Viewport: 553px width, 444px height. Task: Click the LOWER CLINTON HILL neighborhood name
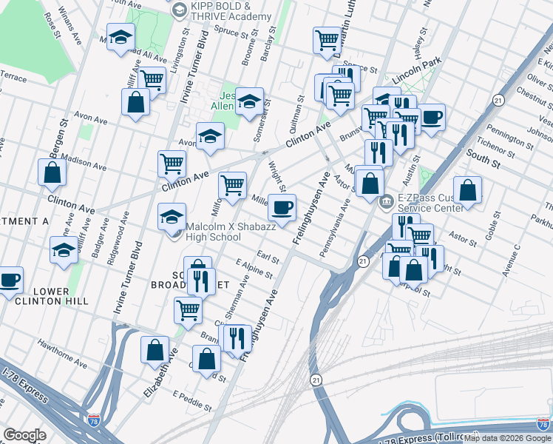click(46, 296)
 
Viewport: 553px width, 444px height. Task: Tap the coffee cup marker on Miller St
click(282, 207)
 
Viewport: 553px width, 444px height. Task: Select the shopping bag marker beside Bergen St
click(52, 172)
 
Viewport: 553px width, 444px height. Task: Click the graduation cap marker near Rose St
click(119, 39)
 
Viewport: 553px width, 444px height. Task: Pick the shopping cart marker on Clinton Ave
click(172, 163)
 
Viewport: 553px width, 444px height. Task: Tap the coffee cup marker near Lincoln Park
click(431, 117)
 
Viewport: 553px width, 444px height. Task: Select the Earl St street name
click(267, 257)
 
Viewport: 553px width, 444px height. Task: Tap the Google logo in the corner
click(24, 434)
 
